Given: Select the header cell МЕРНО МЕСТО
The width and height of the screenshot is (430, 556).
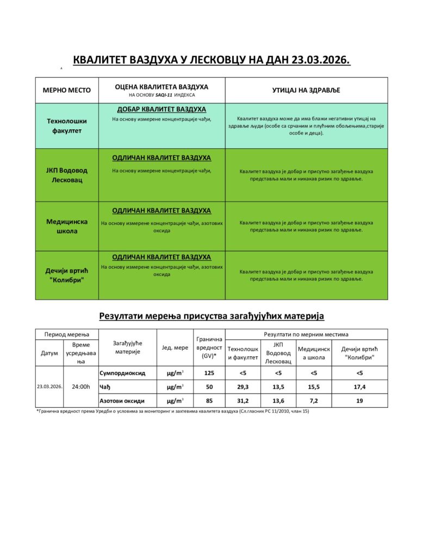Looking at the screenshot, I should coord(67,90).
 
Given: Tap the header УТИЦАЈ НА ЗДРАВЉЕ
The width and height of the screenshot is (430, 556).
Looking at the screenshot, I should coord(306,90).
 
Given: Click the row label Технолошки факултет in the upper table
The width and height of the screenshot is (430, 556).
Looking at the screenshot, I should coord(67,126).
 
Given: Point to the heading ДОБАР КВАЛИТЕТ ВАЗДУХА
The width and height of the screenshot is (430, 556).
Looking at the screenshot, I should coord(161,109).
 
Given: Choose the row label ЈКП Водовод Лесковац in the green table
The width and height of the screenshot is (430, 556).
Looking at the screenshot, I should coord(67,175).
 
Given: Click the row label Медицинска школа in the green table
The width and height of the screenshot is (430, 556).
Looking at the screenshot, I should coord(67,226).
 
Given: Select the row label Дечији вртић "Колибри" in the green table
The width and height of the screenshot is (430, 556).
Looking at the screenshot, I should coord(67,275).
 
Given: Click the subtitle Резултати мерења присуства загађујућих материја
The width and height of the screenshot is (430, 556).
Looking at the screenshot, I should coord(211,315).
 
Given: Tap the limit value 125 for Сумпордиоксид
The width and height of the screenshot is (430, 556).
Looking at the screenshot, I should coord(209,373).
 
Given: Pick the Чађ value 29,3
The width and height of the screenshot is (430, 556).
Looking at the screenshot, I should coord(242,387).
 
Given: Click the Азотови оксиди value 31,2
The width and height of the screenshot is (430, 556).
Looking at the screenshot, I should coord(242,401).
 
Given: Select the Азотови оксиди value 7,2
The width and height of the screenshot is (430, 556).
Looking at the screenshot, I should coord(314,401).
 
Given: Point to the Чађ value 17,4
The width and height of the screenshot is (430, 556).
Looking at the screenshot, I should coord(359,387).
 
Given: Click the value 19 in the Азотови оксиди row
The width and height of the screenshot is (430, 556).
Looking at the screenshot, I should coord(359,401).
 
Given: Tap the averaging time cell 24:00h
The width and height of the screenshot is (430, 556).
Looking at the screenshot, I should coord(80,387).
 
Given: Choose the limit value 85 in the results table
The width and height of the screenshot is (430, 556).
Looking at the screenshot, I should coord(209,401).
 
